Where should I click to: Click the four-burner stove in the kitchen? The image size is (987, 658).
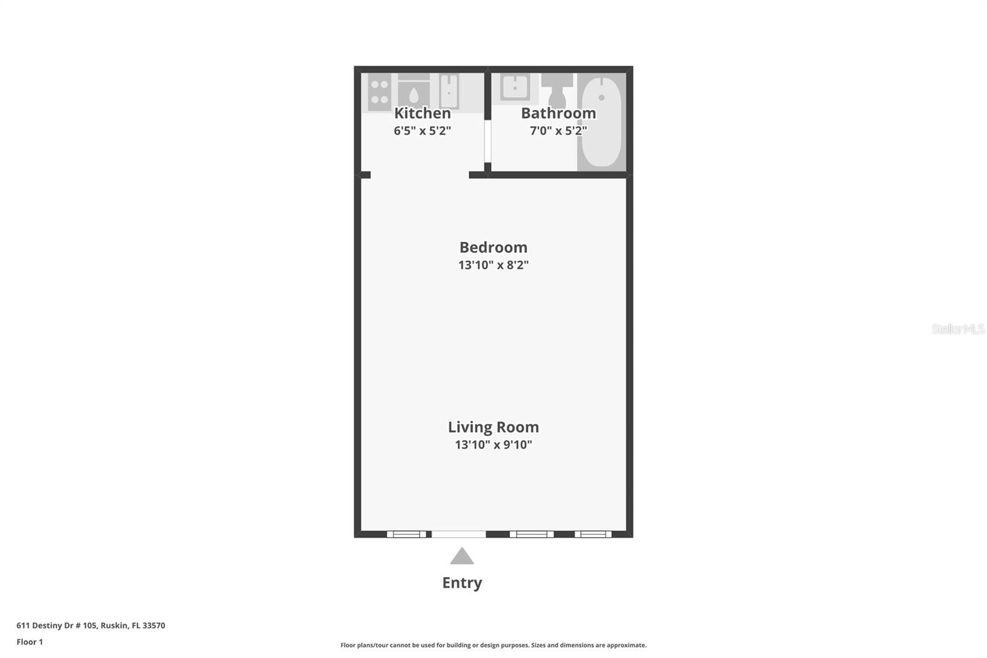(379, 93)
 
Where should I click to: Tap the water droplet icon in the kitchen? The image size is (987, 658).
(414, 95)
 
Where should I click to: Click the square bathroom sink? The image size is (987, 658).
(514, 88)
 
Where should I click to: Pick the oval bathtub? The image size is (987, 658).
(601, 121)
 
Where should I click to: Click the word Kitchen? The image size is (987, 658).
(423, 114)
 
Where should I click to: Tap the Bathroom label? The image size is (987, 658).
(558, 114)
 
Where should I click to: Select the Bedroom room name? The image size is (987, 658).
(493, 248)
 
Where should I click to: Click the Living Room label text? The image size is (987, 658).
(493, 427)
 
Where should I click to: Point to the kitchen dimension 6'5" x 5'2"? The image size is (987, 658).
(423, 131)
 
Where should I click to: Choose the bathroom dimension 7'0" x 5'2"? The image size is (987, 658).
(558, 131)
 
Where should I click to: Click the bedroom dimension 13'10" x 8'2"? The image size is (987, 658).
(493, 265)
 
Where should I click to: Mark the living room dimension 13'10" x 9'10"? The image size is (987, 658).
(493, 444)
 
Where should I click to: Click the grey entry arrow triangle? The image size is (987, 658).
(462, 557)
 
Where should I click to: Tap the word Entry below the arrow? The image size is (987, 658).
(462, 583)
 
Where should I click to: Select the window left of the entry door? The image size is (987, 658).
(406, 534)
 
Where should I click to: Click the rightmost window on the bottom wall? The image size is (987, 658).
(593, 534)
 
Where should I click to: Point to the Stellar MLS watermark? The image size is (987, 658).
(957, 329)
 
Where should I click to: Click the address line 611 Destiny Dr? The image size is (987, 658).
(91, 625)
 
